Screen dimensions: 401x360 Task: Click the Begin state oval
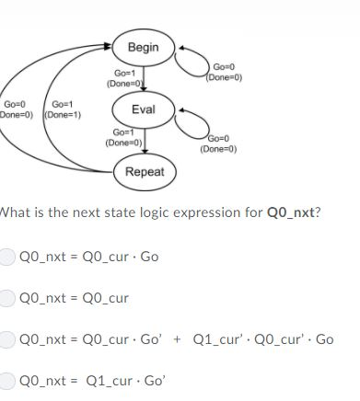(144, 47)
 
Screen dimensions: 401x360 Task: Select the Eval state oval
(144, 109)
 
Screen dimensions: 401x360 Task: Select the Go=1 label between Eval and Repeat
(123, 133)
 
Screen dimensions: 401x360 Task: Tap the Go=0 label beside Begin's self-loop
(224, 67)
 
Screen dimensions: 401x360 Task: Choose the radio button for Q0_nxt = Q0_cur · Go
(7, 257)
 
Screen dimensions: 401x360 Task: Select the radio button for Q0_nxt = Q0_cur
(7, 298)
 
